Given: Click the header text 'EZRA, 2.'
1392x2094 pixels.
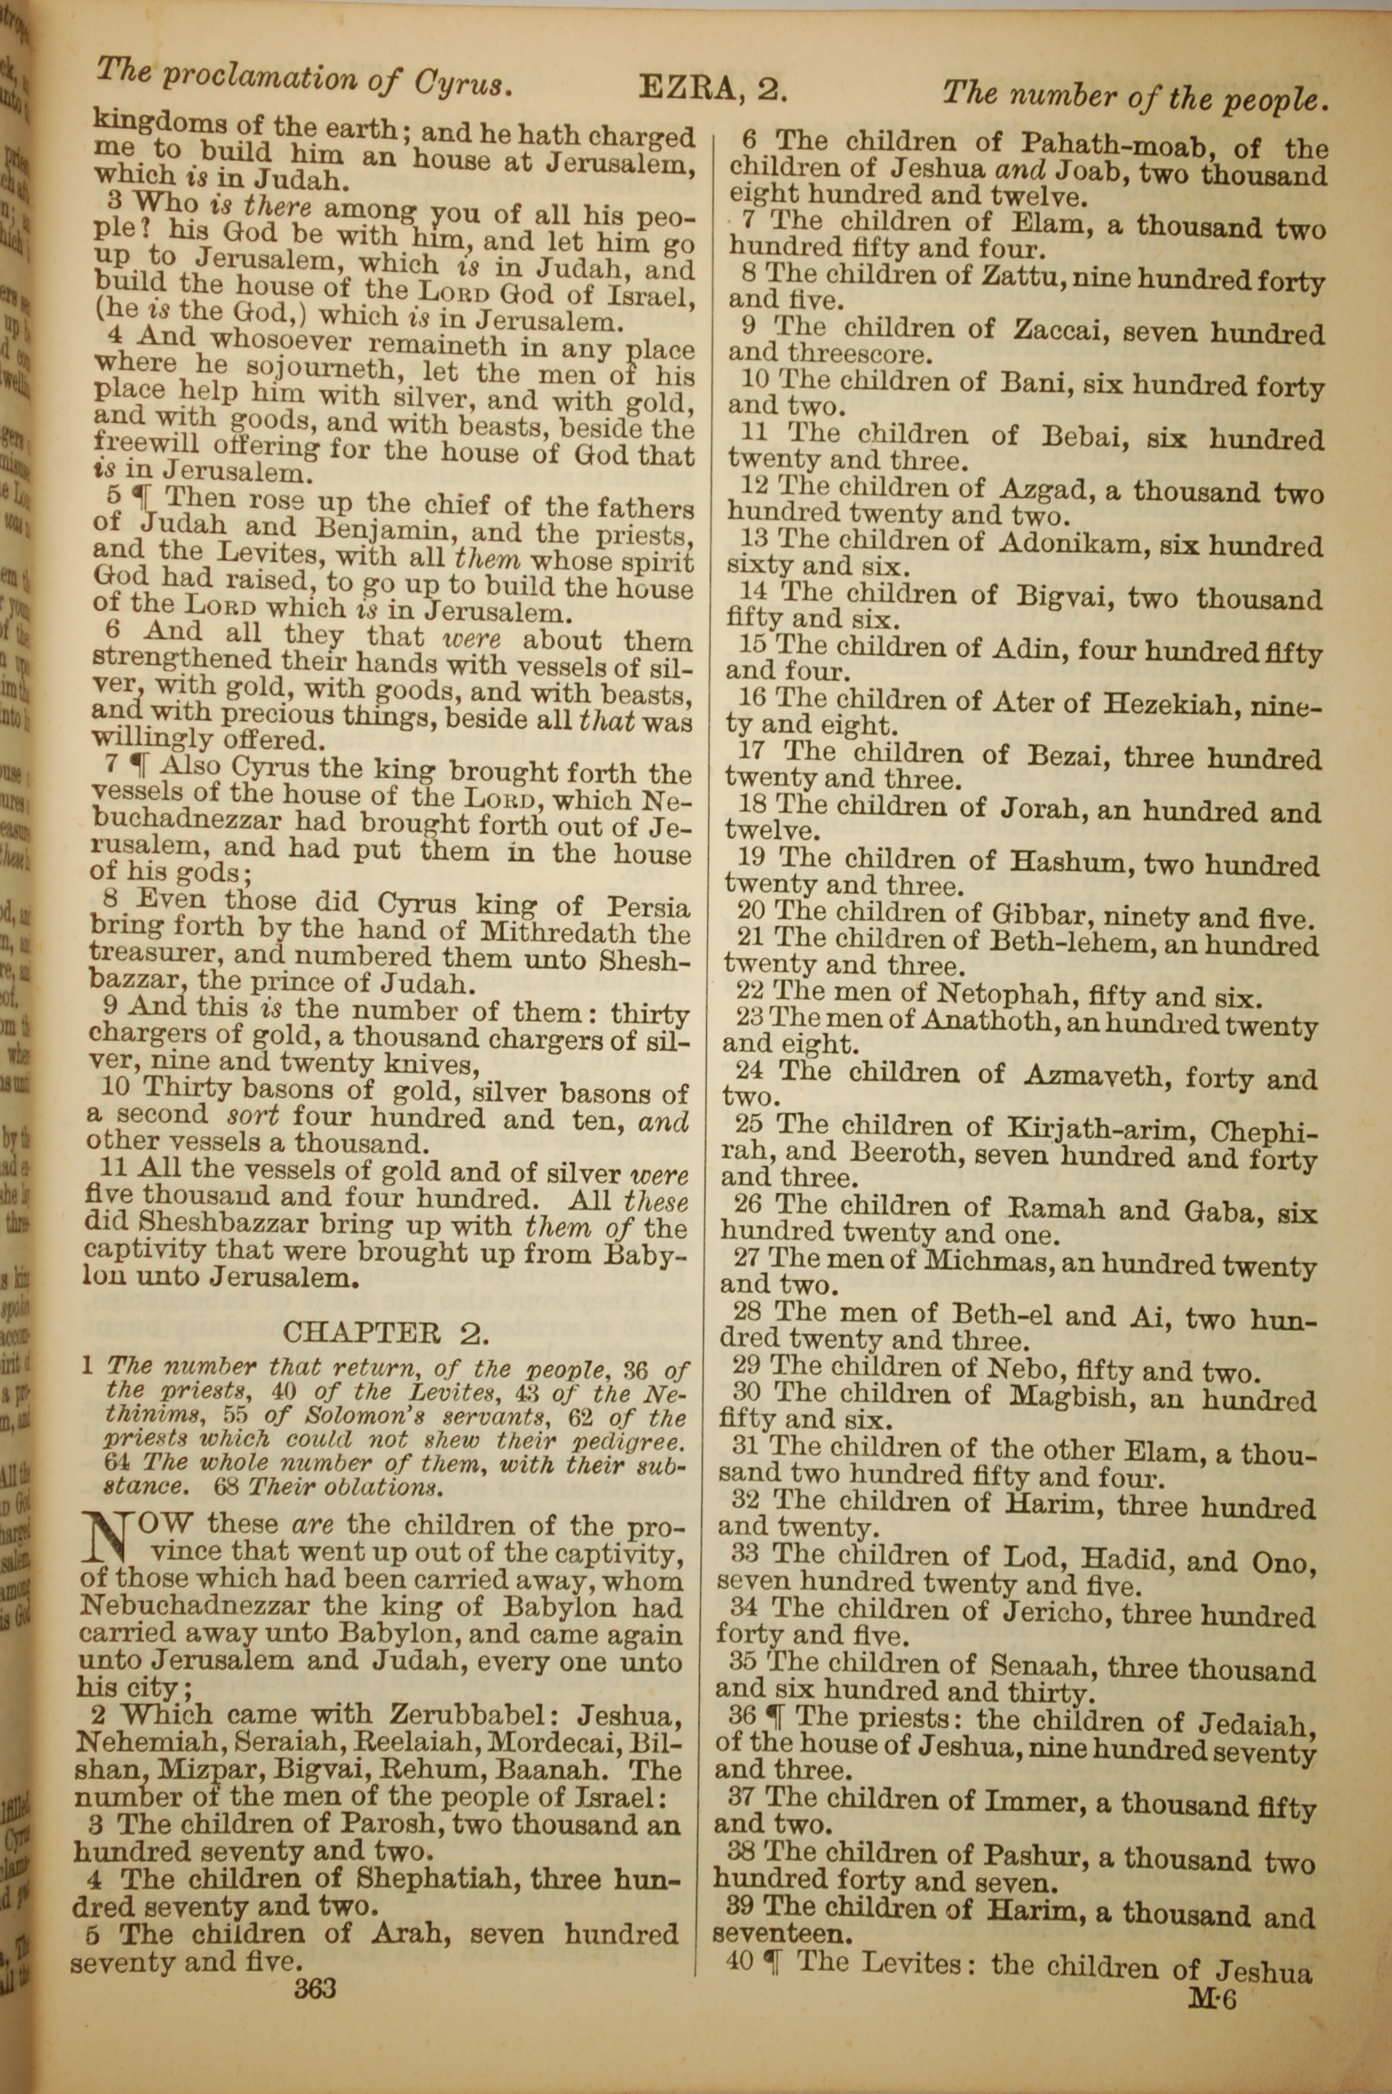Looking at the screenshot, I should [713, 90].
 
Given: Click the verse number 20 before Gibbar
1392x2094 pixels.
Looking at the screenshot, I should [750, 910].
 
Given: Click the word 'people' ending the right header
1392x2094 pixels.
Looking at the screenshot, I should [1275, 100].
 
